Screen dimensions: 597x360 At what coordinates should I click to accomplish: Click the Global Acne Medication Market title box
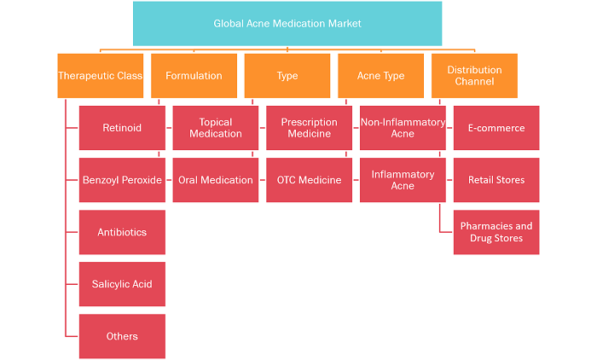(287, 24)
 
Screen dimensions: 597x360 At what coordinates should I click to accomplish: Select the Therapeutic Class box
(101, 76)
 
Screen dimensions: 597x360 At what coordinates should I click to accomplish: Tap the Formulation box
(194, 76)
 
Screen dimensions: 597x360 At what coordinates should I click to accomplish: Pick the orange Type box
(287, 76)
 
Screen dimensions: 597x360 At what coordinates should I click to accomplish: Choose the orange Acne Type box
(380, 76)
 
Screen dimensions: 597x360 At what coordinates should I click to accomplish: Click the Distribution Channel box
(474, 76)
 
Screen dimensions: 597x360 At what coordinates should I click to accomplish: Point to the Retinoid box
(122, 128)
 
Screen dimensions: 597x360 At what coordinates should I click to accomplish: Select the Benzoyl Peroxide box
(122, 180)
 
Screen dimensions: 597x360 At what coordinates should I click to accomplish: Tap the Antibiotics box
(122, 232)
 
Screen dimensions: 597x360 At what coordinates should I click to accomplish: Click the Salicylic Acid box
(122, 284)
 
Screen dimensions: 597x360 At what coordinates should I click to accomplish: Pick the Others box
(122, 336)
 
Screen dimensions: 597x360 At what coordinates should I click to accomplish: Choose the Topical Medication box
(216, 128)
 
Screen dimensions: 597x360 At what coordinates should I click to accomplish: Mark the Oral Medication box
(216, 180)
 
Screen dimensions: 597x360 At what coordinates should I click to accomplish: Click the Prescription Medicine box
(309, 128)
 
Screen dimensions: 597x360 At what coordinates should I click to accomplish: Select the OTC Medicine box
(309, 180)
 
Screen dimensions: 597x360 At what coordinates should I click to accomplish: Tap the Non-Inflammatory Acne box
(403, 128)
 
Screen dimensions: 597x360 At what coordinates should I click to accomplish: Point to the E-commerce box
(496, 128)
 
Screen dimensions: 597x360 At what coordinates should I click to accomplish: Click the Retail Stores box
(496, 180)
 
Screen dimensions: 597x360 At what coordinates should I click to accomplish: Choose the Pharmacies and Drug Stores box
(496, 232)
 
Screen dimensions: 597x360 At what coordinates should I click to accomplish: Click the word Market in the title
(345, 24)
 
